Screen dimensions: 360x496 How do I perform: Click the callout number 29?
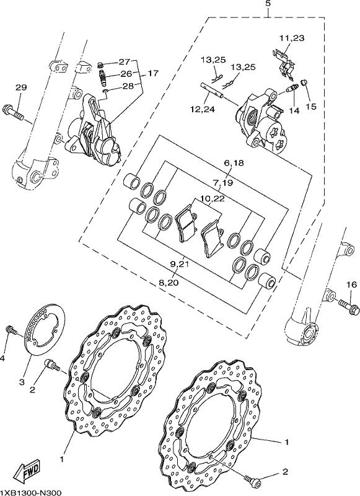point(21,87)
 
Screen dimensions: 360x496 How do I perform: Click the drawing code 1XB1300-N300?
point(30,492)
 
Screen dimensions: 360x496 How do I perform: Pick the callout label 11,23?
point(292,38)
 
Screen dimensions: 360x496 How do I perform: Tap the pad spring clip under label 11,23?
point(285,63)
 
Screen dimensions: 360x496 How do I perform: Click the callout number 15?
point(311,106)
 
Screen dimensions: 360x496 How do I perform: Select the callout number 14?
point(294,111)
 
